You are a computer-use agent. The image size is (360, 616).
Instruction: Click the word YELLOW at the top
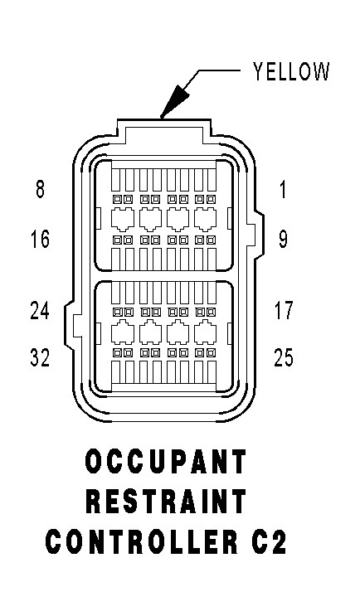click(x=290, y=71)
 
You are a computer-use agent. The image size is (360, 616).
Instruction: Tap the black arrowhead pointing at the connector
click(x=175, y=101)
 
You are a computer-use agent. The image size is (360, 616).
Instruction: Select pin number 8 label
click(x=40, y=188)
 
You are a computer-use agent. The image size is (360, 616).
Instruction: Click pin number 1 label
click(x=283, y=188)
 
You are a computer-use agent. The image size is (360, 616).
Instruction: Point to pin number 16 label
click(x=40, y=239)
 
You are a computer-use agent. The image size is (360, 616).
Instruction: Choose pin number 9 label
click(x=283, y=239)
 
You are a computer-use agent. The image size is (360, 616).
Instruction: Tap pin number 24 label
click(x=40, y=310)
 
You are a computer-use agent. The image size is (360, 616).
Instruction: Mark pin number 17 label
click(x=284, y=310)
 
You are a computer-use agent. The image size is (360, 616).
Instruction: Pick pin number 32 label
click(x=40, y=357)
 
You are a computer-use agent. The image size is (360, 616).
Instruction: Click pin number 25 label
click(x=284, y=357)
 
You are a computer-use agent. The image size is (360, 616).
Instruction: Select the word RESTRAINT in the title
click(x=166, y=502)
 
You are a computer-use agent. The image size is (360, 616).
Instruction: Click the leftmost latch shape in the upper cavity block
click(x=123, y=218)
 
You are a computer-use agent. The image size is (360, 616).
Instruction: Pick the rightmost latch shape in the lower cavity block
click(x=205, y=332)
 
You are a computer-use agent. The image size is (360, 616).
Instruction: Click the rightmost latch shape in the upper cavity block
click(x=205, y=218)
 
